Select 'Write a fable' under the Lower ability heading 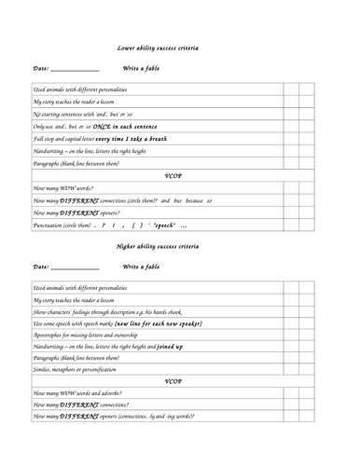pyautogui.click(x=145, y=68)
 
